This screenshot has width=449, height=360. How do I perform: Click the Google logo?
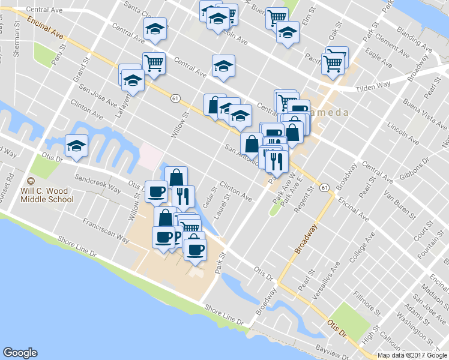(20, 353)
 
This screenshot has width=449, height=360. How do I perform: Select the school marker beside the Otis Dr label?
(76, 146)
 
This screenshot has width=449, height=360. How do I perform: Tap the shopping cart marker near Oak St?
(333, 62)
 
